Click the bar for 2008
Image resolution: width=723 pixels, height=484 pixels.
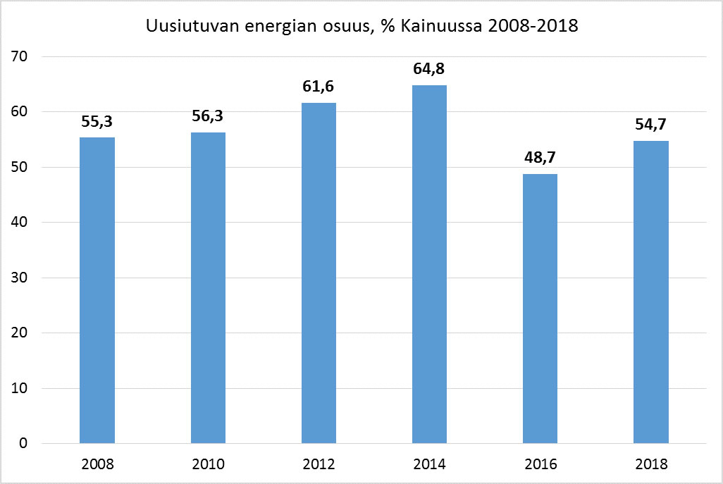(x=97, y=290)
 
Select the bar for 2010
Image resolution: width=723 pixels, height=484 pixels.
(x=208, y=287)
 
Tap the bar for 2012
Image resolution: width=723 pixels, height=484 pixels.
(x=319, y=273)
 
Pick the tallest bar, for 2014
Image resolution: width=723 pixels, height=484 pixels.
(x=429, y=264)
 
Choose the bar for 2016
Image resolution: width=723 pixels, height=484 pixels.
(x=540, y=309)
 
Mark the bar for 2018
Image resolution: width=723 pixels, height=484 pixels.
(x=650, y=292)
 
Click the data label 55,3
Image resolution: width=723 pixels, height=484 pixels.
(x=97, y=122)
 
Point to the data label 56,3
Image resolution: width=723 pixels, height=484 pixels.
(x=208, y=116)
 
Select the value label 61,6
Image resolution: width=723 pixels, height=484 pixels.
(x=319, y=87)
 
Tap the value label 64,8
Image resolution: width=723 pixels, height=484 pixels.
(x=429, y=70)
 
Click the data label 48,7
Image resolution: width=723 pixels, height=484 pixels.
(x=540, y=159)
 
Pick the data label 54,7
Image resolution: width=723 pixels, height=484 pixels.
(x=650, y=125)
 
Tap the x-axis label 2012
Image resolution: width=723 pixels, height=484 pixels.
(x=319, y=464)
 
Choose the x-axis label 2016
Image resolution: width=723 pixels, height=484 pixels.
(x=540, y=464)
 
